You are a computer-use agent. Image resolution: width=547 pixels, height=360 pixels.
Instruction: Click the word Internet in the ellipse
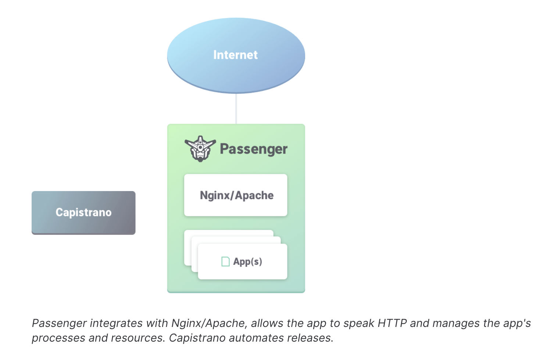click(x=235, y=55)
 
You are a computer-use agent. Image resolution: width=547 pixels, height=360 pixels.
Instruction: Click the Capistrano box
click(x=83, y=213)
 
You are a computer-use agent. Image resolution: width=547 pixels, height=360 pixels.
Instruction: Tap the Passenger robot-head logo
click(x=200, y=149)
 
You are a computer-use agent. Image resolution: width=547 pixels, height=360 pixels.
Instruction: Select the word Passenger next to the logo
click(x=254, y=149)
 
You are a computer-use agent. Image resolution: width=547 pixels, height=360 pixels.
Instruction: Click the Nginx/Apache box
click(x=236, y=195)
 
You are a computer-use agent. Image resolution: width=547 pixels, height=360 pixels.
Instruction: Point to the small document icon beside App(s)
click(x=225, y=262)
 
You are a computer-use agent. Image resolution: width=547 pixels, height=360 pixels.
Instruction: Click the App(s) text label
click(x=248, y=262)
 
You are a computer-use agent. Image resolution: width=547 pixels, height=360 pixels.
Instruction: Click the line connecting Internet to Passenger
click(x=236, y=109)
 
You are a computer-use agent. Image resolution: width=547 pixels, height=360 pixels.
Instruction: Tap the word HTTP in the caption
click(x=392, y=323)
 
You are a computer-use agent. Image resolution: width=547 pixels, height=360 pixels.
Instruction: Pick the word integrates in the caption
click(x=116, y=324)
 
